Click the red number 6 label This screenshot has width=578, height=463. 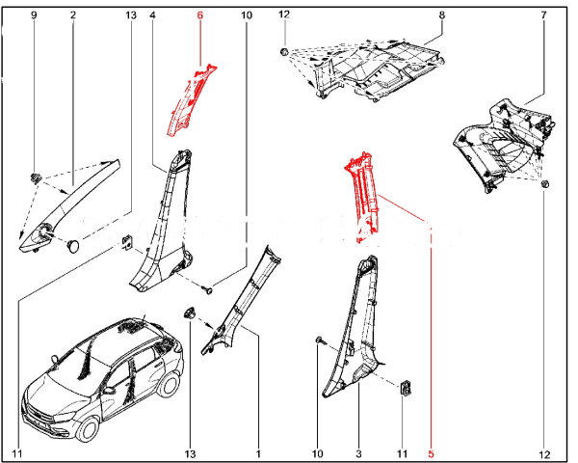[200, 16]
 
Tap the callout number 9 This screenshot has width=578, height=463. [34, 16]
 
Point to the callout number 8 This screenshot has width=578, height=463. [441, 16]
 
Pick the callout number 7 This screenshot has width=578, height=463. [544, 16]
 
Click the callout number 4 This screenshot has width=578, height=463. [153, 16]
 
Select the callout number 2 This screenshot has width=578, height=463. [73, 16]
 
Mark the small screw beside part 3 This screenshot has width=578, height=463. [318, 340]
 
